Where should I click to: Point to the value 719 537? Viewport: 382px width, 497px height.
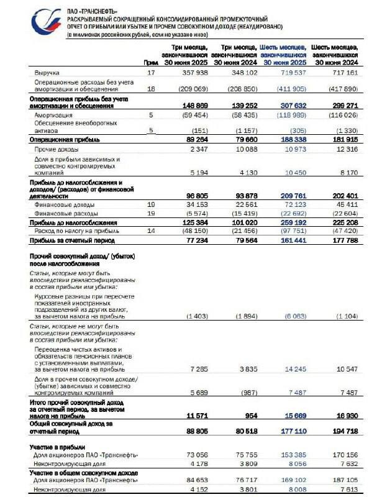point(288,73)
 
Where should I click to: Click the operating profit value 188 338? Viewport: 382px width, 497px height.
point(288,140)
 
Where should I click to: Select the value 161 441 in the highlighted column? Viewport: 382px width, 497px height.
point(288,239)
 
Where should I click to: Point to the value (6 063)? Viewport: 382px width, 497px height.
point(288,316)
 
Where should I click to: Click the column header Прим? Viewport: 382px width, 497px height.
point(150,62)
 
